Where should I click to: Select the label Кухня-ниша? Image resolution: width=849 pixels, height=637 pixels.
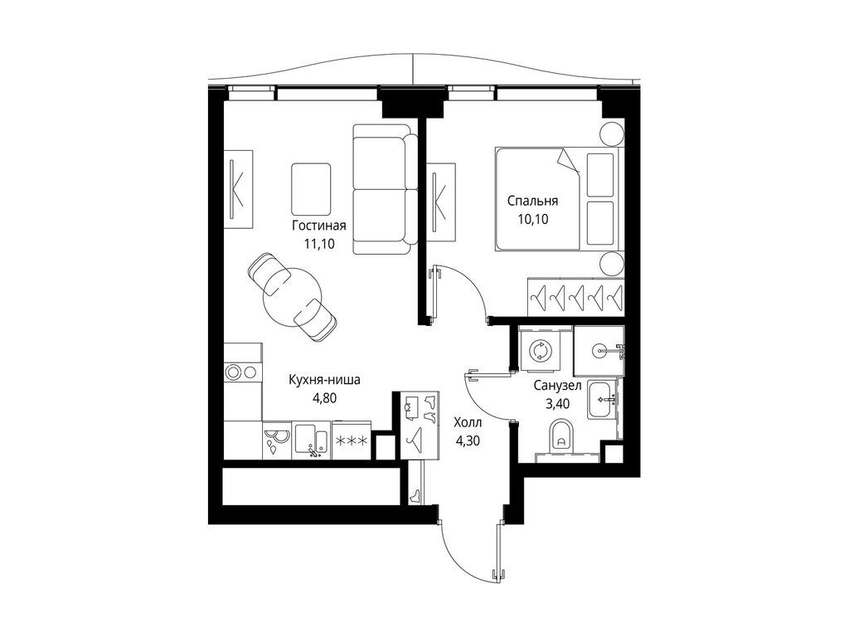[323, 380]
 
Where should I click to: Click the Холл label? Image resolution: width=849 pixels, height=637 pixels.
[467, 422]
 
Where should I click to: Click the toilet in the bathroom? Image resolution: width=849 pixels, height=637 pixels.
[561, 435]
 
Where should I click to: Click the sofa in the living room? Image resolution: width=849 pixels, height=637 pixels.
[383, 189]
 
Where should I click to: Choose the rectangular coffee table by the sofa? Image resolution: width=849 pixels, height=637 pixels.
[312, 187]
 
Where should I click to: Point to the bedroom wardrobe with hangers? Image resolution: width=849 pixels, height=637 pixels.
[575, 294]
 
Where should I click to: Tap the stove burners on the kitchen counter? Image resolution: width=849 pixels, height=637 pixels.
[241, 372]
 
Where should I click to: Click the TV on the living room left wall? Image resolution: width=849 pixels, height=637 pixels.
[237, 189]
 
